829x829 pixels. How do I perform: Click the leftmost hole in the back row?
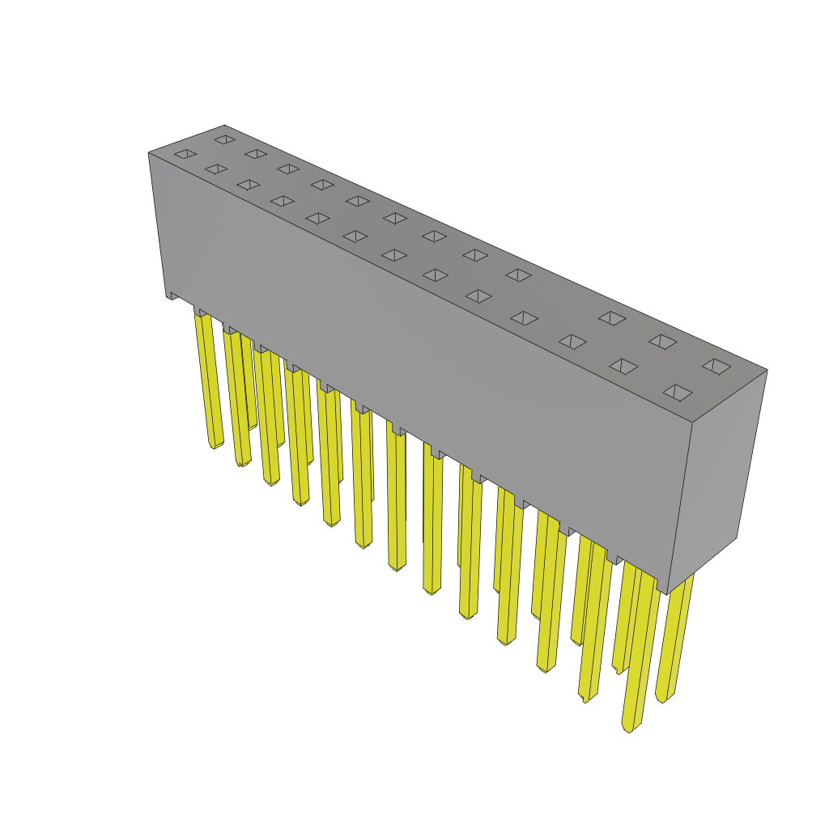click(224, 139)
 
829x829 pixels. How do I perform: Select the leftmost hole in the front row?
click(185, 154)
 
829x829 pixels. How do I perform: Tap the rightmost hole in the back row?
click(716, 366)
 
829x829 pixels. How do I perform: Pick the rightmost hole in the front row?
click(678, 393)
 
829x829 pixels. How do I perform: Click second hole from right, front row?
click(623, 367)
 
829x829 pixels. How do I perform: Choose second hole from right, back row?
click(662, 342)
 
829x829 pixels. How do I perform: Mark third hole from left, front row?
click(249, 185)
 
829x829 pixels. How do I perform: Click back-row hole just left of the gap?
click(518, 275)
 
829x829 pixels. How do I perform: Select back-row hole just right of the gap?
click(612, 318)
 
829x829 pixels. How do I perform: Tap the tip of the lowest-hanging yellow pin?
click(629, 728)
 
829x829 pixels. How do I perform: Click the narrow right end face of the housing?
click(716, 478)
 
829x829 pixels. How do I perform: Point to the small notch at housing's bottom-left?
click(172, 296)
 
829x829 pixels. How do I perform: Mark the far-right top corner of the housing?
click(766, 371)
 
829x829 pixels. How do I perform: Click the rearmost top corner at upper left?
click(224, 126)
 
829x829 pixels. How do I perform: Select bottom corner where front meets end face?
click(666, 593)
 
